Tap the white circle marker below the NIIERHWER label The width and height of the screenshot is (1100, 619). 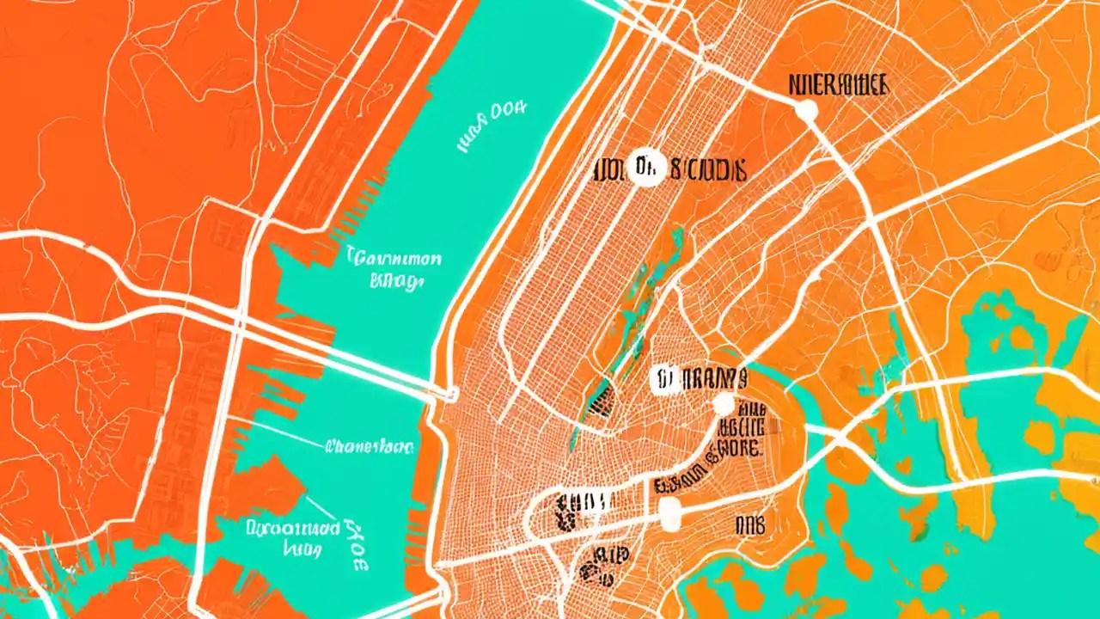[806, 109]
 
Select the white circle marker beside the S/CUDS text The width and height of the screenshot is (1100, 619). [645, 167]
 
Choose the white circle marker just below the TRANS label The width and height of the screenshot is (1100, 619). [724, 404]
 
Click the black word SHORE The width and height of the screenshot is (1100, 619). [739, 449]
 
